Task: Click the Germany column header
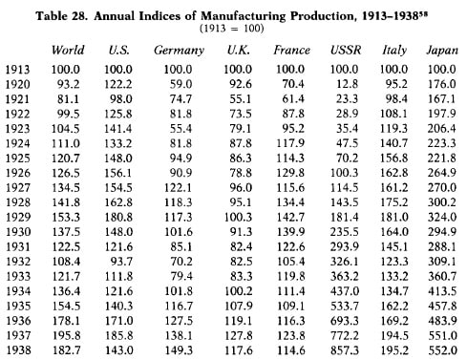tap(179, 51)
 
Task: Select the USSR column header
tap(346, 50)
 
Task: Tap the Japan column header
tap(442, 51)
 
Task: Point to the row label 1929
tap(18, 217)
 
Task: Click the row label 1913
tap(18, 70)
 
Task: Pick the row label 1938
tap(18, 350)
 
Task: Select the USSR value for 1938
tap(345, 350)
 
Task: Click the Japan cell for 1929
tap(442, 217)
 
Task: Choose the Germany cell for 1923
tap(180, 129)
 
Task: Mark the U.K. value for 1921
tap(241, 99)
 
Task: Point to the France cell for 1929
tap(290, 217)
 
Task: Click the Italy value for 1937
tap(394, 335)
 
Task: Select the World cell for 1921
tap(68, 99)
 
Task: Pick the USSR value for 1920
tap(347, 84)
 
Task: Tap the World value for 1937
tap(66, 335)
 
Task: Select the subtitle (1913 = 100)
tap(232, 29)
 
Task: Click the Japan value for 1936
tap(442, 321)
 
